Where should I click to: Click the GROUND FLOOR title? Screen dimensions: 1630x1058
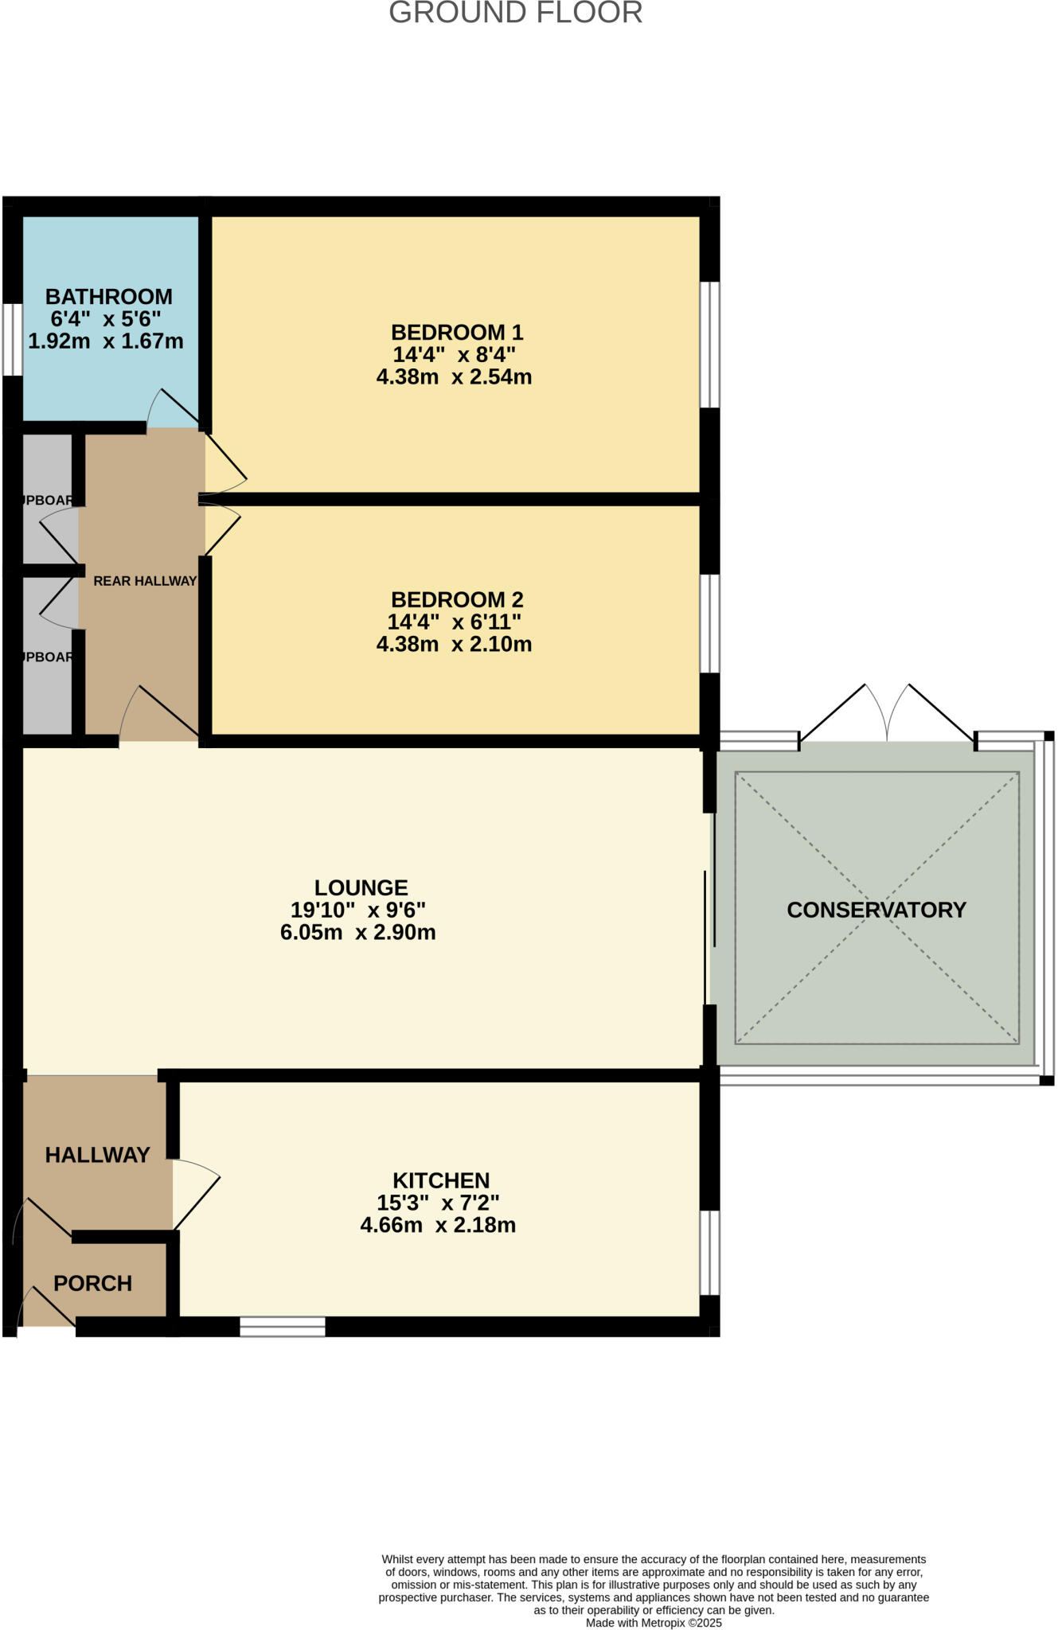515,14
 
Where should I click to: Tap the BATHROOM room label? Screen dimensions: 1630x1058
109,297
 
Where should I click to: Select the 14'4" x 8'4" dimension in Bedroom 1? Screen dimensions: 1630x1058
454,354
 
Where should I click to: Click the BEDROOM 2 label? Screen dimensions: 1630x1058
457,599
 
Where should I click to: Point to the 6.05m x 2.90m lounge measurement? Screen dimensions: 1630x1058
358,932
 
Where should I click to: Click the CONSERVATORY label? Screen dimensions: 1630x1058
876,910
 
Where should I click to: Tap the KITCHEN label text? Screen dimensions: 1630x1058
441,1180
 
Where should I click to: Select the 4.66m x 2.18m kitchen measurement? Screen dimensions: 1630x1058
438,1225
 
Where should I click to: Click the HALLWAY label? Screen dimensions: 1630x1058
97,1155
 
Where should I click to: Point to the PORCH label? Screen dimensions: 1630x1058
92,1283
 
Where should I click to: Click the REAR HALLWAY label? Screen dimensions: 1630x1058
145,581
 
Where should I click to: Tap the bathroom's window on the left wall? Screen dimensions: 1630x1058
12,338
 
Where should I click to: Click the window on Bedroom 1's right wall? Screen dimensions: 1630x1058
709,345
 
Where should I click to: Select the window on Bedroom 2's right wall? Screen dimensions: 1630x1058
709,624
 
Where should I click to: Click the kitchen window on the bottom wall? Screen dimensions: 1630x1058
283,1326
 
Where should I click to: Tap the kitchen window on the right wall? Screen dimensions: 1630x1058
709,1253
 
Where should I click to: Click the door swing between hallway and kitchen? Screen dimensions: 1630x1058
195,1191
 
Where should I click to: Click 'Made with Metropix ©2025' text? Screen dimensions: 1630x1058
654,1622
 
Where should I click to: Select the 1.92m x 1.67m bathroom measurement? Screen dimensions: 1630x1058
106,341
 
